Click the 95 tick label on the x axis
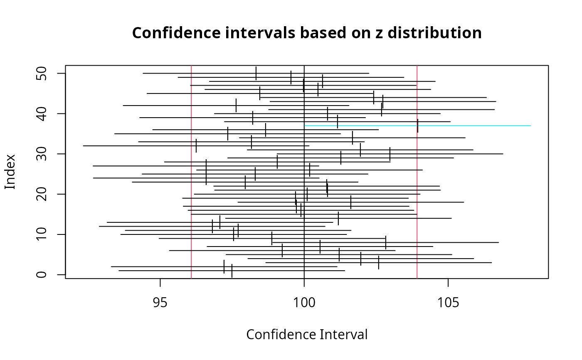(160, 303)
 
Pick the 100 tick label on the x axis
(304, 303)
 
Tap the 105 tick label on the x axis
(448, 303)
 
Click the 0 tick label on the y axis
(42, 275)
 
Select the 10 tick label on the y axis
(42, 234)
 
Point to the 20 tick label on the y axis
(42, 194)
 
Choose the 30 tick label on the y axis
(42, 154)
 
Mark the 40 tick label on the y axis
(42, 113)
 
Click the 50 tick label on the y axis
(42, 74)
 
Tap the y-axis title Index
(10, 172)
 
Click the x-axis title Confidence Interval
(307, 335)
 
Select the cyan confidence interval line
(478, 126)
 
